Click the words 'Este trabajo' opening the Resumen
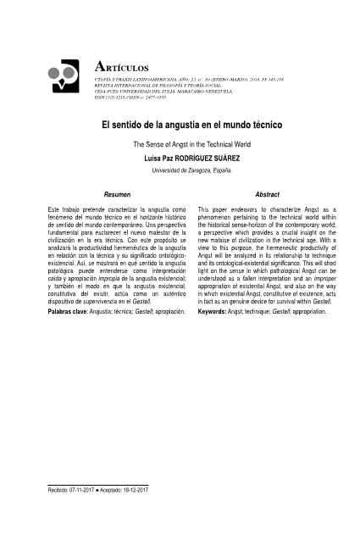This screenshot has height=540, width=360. coord(67,209)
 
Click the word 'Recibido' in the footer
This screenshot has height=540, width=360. coord(60,491)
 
